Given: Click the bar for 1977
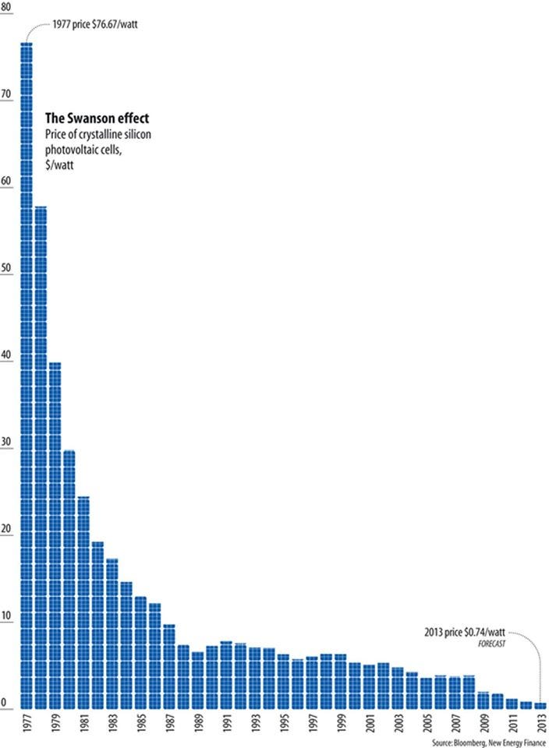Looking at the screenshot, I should coord(26,374).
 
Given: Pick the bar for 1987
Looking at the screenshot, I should coord(168,666).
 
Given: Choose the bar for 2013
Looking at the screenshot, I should coord(540,705).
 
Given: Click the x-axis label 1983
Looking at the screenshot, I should coord(112,726).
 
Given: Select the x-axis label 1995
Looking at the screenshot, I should coord(283,726).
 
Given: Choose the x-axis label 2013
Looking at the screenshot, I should coord(540,726).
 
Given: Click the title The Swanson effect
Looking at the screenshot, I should coord(97,118).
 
